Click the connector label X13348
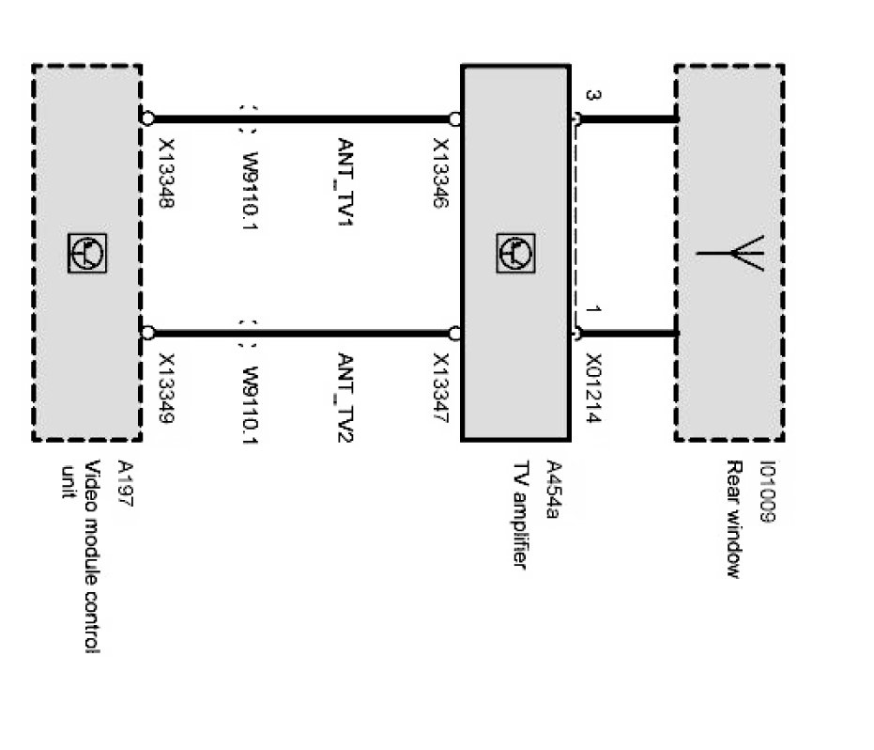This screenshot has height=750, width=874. (166, 175)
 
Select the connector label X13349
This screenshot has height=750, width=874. (166, 388)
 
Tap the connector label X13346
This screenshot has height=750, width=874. (439, 175)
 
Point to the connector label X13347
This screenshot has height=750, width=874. (439, 389)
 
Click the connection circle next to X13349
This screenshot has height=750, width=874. (147, 333)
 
